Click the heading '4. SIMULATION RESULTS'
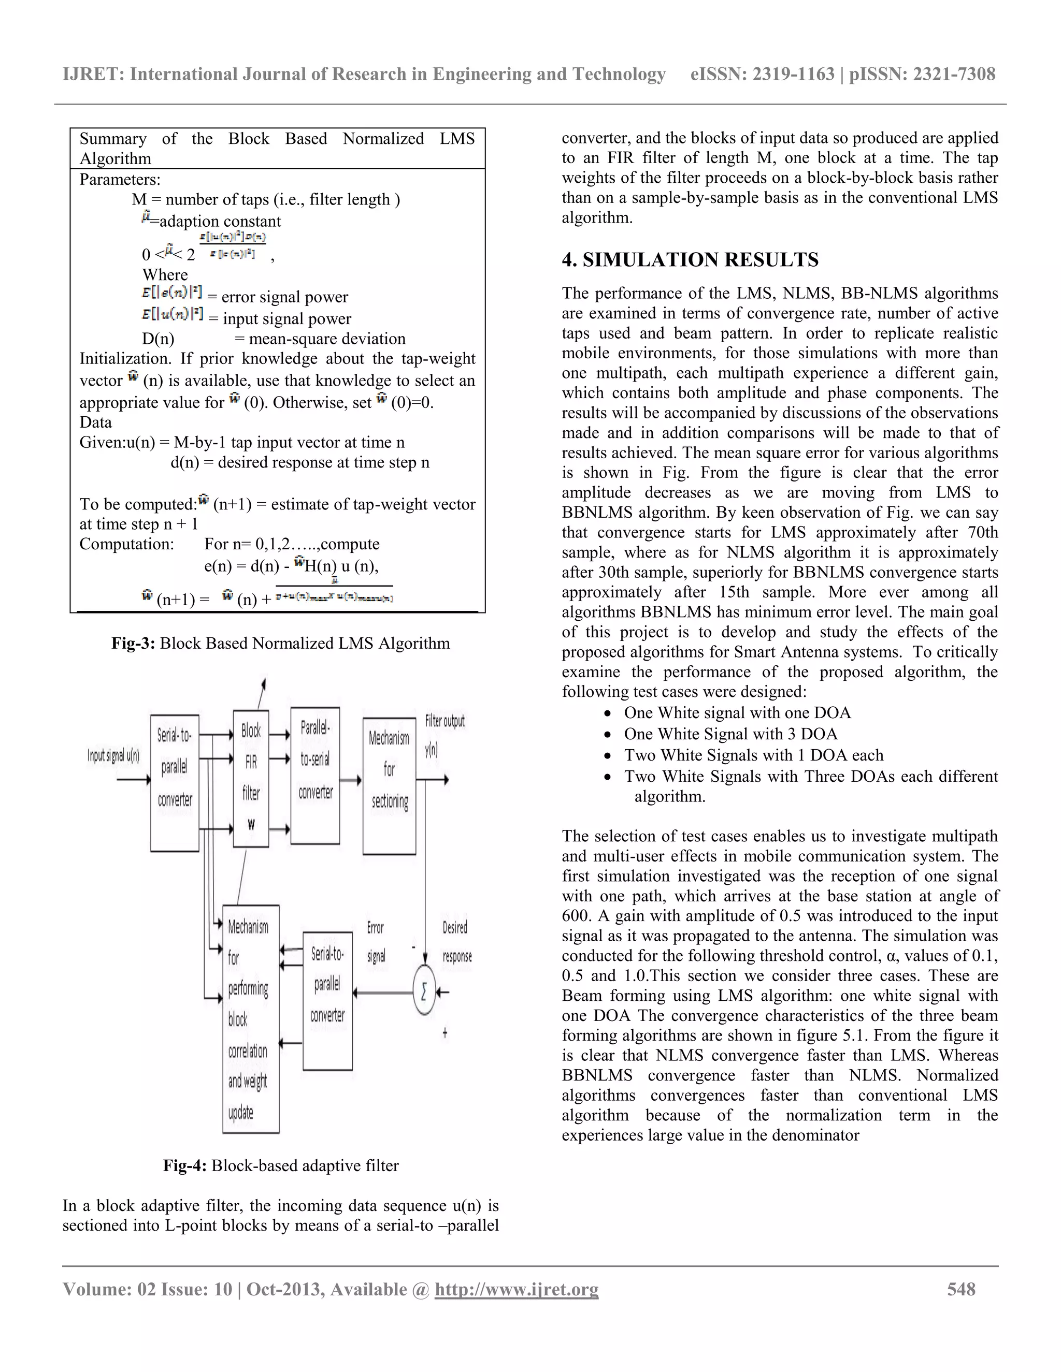(690, 259)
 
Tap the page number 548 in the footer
(961, 1289)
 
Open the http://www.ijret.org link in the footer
(516, 1289)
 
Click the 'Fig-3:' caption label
(133, 643)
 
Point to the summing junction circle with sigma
(424, 992)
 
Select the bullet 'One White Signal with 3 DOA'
(730, 734)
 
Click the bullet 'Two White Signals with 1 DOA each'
(753, 755)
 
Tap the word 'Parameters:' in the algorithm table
(120, 180)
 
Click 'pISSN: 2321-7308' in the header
(922, 74)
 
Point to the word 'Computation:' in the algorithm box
(126, 544)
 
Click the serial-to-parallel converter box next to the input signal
(175, 782)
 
